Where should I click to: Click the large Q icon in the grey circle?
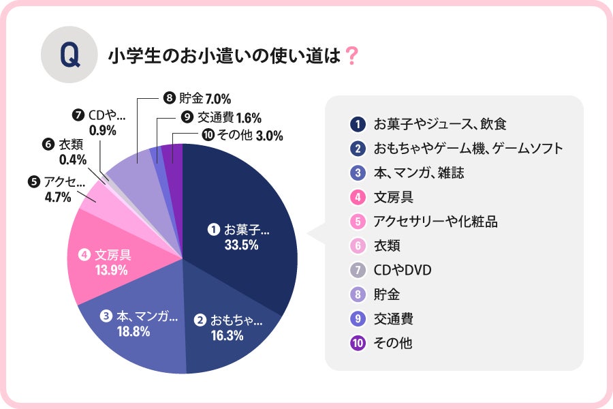[69, 55]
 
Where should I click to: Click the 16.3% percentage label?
[227, 335]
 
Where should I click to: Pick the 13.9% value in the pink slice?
[112, 270]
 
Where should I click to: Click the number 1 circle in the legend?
[356, 124]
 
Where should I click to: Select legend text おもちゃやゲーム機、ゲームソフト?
[467, 149]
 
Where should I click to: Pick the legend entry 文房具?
[393, 198]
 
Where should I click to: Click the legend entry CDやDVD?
[403, 271]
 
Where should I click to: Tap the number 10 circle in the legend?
[356, 344]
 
